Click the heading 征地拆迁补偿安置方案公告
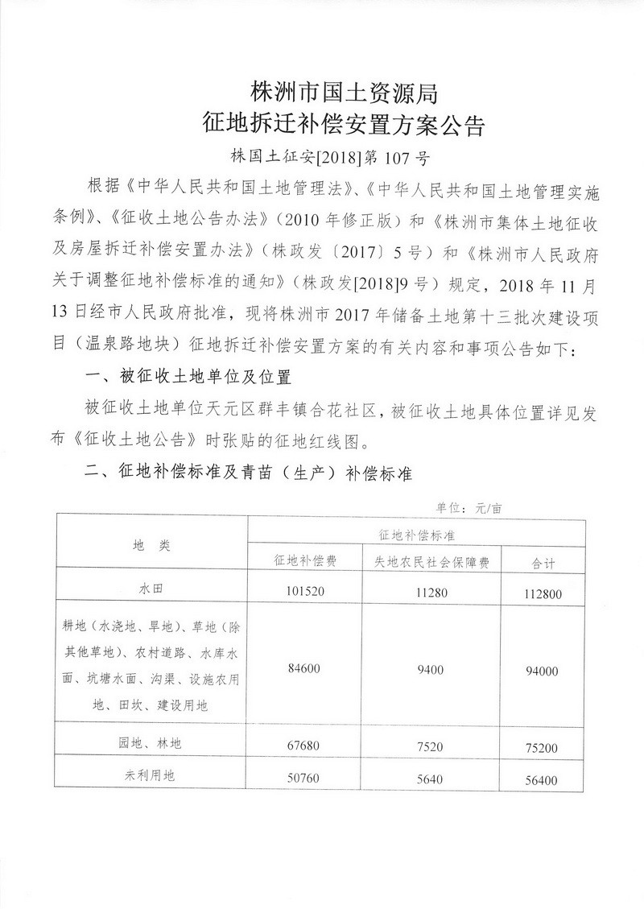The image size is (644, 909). pyautogui.click(x=344, y=126)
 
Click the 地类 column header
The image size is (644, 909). pyautogui.click(x=151, y=546)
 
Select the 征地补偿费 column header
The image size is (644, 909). pyautogui.click(x=304, y=561)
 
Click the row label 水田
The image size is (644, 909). pyautogui.click(x=151, y=589)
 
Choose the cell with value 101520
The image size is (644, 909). pyautogui.click(x=304, y=590)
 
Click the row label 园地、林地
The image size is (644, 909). pyautogui.click(x=151, y=744)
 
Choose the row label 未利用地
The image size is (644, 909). pyautogui.click(x=151, y=775)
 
